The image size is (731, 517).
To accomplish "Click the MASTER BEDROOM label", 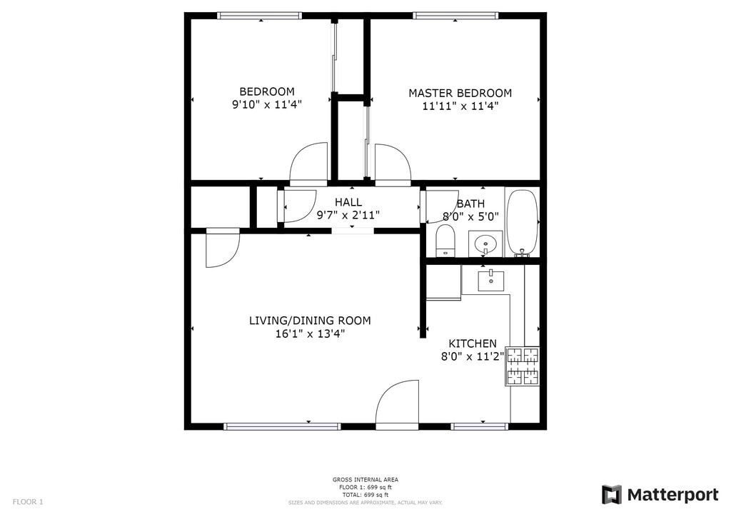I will [460, 93].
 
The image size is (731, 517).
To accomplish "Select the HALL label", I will [348, 202].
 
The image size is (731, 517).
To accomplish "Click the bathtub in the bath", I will [522, 222].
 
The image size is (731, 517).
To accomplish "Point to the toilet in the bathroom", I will [445, 240].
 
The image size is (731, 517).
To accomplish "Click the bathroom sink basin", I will [485, 244].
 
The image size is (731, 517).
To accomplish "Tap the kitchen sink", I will [491, 280].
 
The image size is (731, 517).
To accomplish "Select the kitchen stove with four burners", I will [523, 366].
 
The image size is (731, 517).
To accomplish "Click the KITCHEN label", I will [473, 343].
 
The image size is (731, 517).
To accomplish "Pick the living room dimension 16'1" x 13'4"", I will [310, 333].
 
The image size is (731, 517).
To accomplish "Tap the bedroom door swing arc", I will [308, 164].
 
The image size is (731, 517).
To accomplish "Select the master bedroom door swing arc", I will [393, 165].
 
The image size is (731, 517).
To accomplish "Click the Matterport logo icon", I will [611, 495].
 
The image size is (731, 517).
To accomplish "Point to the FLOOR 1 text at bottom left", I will [28, 501].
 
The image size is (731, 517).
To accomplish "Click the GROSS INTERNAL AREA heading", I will [365, 479].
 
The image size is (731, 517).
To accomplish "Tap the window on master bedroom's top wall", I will [455, 16].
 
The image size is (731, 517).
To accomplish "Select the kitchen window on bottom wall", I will [480, 426].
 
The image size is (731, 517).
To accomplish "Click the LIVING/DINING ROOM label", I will [310, 321].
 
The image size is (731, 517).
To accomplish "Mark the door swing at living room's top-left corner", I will [221, 249].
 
